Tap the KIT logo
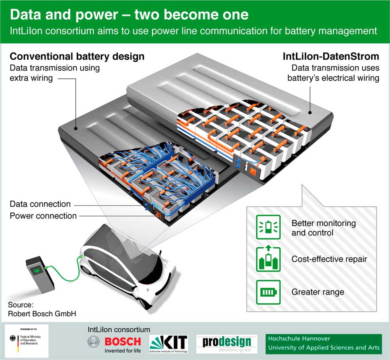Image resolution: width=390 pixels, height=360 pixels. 168,342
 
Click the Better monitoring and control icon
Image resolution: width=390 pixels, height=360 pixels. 268,227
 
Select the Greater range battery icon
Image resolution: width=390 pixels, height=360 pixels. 268,292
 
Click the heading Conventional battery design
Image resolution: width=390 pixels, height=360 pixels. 77,57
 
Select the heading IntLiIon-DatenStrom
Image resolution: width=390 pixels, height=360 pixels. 331,57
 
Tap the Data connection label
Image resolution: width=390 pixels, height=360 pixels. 40,204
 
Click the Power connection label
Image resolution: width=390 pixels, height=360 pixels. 43,216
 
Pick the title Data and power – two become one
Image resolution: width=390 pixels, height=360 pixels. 129,15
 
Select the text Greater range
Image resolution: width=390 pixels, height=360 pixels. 318,292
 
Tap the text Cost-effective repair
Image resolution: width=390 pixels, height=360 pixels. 329,259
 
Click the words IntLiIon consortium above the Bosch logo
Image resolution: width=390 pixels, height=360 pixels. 119,330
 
